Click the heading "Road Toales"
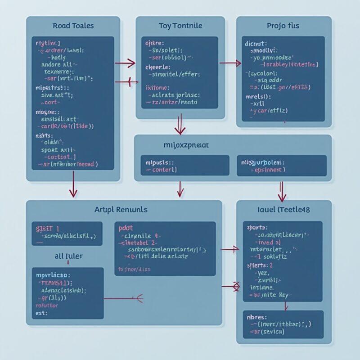(x=73, y=26)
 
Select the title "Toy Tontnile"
(x=180, y=26)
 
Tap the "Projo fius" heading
(x=283, y=26)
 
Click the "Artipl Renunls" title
(x=121, y=209)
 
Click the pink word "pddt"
(x=126, y=228)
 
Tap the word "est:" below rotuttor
(x=40, y=312)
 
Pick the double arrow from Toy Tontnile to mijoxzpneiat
(x=180, y=124)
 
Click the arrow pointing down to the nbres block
(x=285, y=306)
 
